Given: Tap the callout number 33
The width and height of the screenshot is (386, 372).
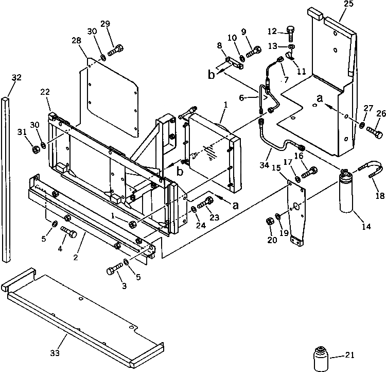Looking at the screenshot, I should [55, 353].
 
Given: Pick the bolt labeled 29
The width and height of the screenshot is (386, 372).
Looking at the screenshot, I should [115, 50].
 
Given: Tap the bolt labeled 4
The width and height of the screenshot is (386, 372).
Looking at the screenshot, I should [69, 233].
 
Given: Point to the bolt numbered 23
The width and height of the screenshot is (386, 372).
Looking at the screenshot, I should [206, 202].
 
